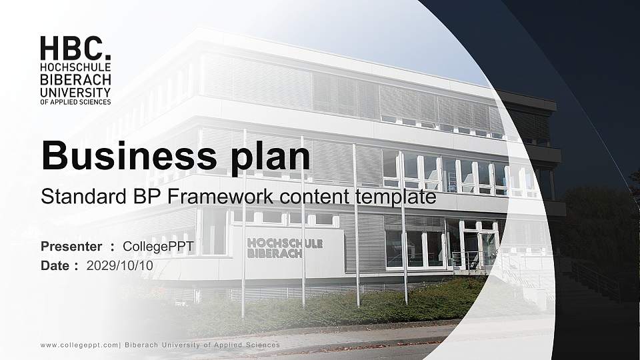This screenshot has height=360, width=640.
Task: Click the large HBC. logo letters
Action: [x=75, y=49]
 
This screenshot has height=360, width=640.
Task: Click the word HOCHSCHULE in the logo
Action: [x=75, y=68]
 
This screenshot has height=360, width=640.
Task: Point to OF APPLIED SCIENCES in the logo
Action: [x=75, y=101]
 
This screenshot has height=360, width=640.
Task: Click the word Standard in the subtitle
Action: [x=73, y=197]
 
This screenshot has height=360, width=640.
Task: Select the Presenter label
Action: [x=71, y=247]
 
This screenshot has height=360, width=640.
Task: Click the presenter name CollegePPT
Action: [x=159, y=247]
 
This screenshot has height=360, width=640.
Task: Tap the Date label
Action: [x=55, y=265]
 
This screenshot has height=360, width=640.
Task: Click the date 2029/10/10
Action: [x=120, y=265]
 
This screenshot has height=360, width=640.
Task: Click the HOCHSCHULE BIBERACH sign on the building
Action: [x=285, y=248]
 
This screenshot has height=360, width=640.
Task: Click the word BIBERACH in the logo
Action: [x=75, y=79]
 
